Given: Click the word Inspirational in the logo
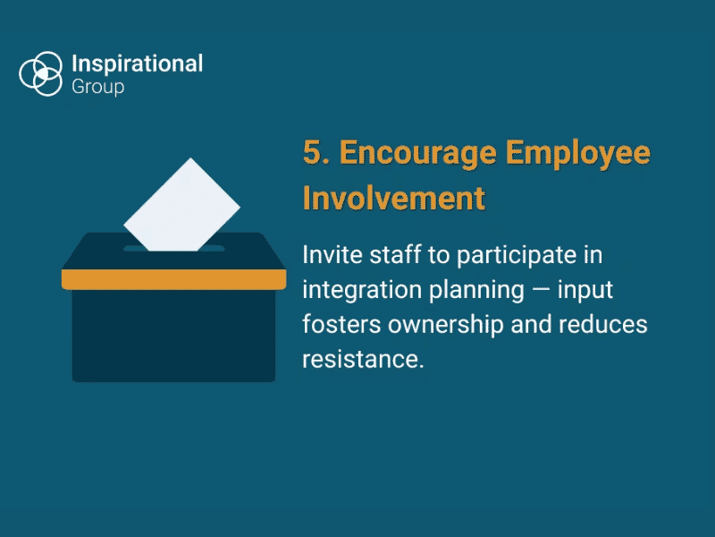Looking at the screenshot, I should pyautogui.click(x=137, y=64).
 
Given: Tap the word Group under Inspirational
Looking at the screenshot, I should pyautogui.click(x=97, y=87).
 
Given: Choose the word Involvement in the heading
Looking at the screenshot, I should pyautogui.click(x=394, y=197).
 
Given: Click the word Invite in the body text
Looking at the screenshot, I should pyautogui.click(x=328, y=255).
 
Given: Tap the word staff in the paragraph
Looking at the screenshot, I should pyautogui.click(x=390, y=255).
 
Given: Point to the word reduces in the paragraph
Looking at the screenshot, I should pyautogui.click(x=606, y=324).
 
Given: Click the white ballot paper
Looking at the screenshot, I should pyautogui.click(x=182, y=205).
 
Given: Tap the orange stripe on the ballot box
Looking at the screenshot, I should pyautogui.click(x=173, y=279).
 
